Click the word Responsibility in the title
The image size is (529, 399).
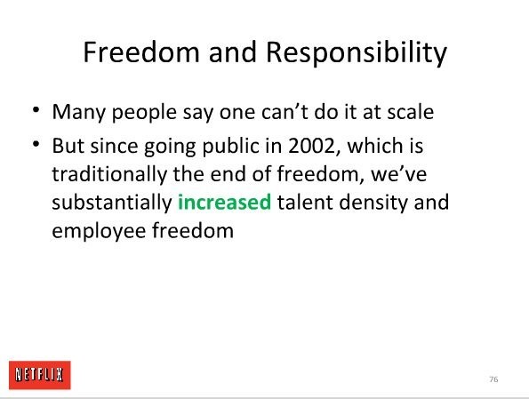pyautogui.click(x=357, y=53)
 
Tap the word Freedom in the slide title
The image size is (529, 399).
pyautogui.click(x=141, y=52)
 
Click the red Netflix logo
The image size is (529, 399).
pyautogui.click(x=40, y=375)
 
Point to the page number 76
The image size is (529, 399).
pyautogui.click(x=493, y=379)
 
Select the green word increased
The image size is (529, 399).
pyautogui.click(x=224, y=202)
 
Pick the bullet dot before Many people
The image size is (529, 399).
pyautogui.click(x=36, y=110)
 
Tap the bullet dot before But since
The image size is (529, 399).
pyautogui.click(x=36, y=144)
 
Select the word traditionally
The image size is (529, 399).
pyautogui.click(x=109, y=175)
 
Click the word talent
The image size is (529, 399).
pyautogui.click(x=305, y=202)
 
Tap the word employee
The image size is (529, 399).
pyautogui.click(x=99, y=232)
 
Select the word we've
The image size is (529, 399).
pyautogui.click(x=399, y=174)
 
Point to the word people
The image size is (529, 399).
pyautogui.click(x=144, y=114)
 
